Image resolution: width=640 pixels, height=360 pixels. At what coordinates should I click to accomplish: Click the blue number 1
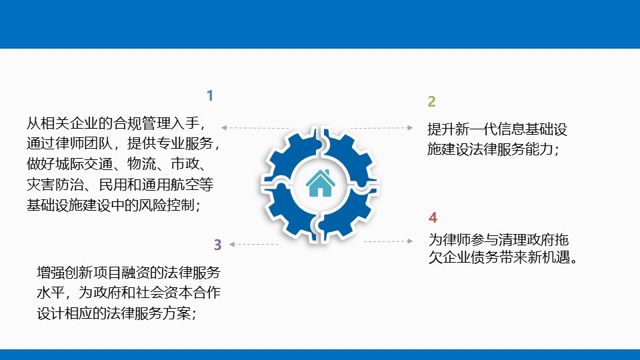[210, 95]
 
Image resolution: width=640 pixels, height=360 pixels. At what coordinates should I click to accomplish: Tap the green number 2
[431, 101]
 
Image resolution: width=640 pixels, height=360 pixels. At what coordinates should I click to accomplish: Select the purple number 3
[217, 245]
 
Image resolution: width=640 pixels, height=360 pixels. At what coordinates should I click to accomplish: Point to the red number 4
[433, 217]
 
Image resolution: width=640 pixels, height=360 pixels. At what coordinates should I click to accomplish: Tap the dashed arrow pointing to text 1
[255, 128]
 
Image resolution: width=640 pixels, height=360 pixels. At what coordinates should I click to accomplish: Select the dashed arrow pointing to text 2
[382, 128]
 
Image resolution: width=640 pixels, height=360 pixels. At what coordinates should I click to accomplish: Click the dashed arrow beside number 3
[253, 244]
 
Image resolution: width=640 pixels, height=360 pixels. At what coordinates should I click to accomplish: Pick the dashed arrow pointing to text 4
[388, 241]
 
